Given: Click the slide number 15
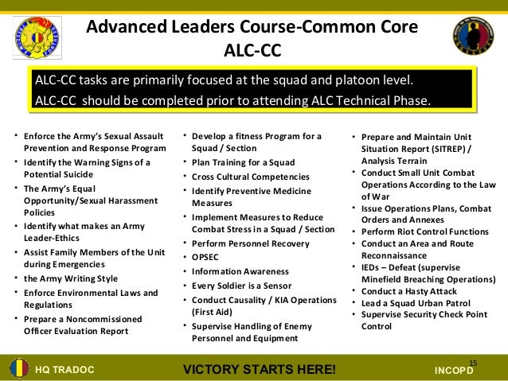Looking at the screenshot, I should (x=473, y=362).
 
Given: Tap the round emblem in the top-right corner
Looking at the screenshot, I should (x=474, y=35).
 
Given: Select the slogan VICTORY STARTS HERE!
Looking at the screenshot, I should (x=260, y=370).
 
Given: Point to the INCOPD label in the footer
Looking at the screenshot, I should (x=460, y=371).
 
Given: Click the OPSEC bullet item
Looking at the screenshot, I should (x=209, y=257).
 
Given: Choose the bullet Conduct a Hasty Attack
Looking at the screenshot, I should (x=411, y=290).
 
